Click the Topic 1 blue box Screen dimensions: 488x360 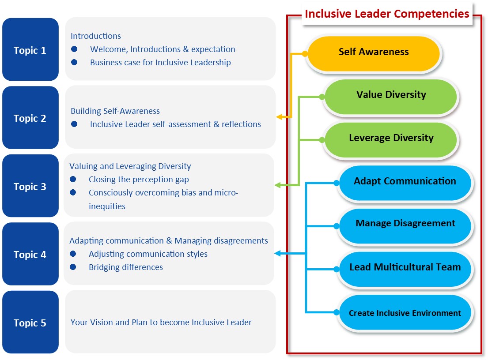pyautogui.click(x=30, y=49)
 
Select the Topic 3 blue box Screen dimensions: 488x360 pyautogui.click(x=30, y=186)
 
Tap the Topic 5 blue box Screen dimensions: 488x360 pyautogui.click(x=30, y=322)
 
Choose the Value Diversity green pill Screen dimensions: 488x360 pyautogui.click(x=390, y=97)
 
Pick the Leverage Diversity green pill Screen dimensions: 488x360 pyautogui.click(x=390, y=140)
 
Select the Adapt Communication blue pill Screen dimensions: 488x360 pyautogui.click(x=405, y=183)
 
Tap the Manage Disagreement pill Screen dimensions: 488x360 pyautogui.click(x=405, y=226)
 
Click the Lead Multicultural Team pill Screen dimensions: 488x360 pyautogui.click(x=405, y=269)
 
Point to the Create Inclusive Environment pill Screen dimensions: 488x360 pyautogui.click(x=405, y=312)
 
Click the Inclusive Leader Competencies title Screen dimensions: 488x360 pyautogui.click(x=387, y=14)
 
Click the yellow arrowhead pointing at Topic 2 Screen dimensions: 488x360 pyautogui.click(x=279, y=117)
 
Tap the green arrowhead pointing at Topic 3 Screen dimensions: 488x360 pyautogui.click(x=278, y=185)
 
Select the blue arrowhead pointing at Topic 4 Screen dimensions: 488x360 pyautogui.click(x=278, y=254)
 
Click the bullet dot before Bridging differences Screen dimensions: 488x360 pyautogui.click(x=73, y=267)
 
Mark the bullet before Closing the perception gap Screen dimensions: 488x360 pyautogui.click(x=73, y=179)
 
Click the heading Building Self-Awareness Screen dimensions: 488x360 pyautogui.click(x=115, y=111)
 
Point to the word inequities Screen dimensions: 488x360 pyautogui.click(x=107, y=206)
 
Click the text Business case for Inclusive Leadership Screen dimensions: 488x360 pyautogui.click(x=161, y=63)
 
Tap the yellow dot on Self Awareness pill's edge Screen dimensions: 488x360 pyautogui.click(x=305, y=54)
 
